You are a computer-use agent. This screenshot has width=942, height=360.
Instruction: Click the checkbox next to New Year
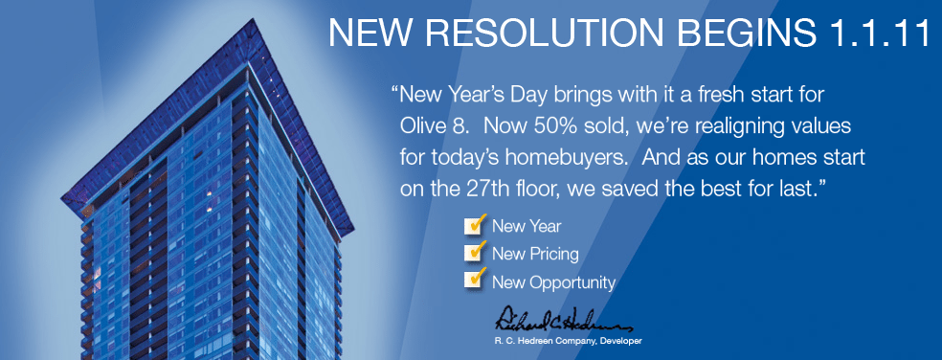click(x=474, y=226)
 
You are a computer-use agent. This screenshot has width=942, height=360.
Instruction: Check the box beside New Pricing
click(x=474, y=253)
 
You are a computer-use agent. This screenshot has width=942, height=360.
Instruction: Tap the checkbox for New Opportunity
click(x=474, y=281)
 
